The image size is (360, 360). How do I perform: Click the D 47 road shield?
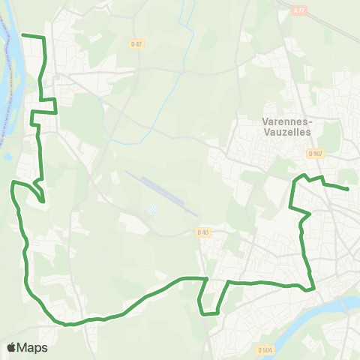tap(136, 44)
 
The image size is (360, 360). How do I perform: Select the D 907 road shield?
tap(315, 153)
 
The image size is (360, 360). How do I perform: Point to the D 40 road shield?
tap(202, 232)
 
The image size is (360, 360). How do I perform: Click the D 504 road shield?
tap(264, 349)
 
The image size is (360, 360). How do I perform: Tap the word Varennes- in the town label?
tap(288, 120)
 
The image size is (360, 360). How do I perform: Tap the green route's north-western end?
tap(22, 34)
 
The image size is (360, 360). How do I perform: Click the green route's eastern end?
tap(348, 189)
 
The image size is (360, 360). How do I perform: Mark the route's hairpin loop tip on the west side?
tap(43, 201)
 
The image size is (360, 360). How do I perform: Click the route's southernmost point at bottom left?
tap(67, 325)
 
